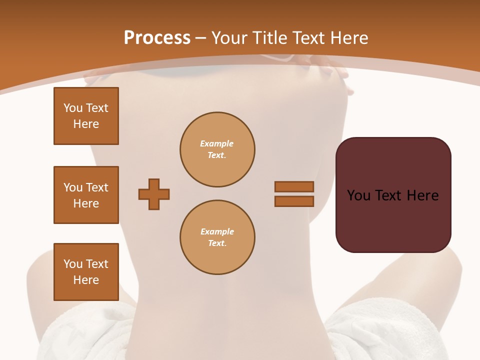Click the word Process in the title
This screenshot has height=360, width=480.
click(157, 38)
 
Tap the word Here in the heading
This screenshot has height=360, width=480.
click(348, 38)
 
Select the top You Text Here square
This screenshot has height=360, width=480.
click(86, 116)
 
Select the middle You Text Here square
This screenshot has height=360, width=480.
click(86, 195)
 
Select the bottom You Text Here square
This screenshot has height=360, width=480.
click(86, 272)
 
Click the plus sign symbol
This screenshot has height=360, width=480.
click(154, 194)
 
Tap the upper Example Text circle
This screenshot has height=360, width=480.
click(217, 149)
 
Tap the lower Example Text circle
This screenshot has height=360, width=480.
click(217, 237)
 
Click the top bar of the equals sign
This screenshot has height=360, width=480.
click(294, 186)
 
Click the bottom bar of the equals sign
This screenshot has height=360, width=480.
click(294, 201)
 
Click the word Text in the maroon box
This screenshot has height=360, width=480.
click(389, 195)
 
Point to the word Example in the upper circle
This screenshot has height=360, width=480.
click(217, 143)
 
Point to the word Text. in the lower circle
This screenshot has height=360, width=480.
click(217, 243)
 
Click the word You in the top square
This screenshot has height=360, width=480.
click(72, 108)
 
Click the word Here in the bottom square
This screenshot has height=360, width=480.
click(86, 280)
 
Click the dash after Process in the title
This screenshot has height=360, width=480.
click(200, 38)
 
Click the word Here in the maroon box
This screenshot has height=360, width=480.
click(422, 195)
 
